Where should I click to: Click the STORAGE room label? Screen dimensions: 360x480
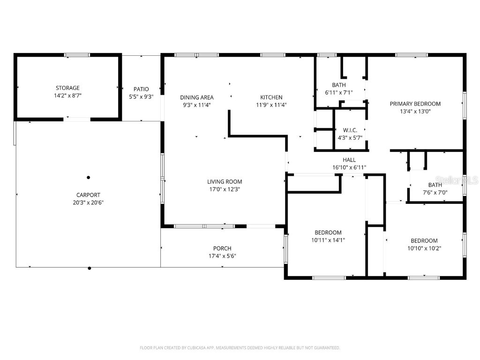pos(67,88)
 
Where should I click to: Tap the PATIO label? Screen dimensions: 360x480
pos(141,89)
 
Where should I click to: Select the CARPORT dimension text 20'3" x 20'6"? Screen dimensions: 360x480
pos(89,202)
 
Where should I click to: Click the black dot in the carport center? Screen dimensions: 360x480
pos(88,177)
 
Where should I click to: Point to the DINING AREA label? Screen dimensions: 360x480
pos(196,97)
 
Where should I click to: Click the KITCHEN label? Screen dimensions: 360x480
pos(271,97)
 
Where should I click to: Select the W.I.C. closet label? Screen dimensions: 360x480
pos(350,130)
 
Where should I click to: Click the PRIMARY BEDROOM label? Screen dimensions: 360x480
pos(415,104)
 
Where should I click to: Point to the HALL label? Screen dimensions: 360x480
pos(349,160)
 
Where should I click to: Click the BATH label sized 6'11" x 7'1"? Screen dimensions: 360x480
pos(339,85)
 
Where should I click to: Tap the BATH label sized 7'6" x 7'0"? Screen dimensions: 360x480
pos(435,185)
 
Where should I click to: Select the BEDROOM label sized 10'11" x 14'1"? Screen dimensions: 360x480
pos(328,232)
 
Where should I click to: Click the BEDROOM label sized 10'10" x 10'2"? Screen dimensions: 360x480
pos(424,240)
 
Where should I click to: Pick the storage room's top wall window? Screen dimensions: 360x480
pos(77,55)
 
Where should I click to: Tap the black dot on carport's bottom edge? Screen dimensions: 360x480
pos(90,268)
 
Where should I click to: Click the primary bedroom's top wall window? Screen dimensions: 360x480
pos(412,55)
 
